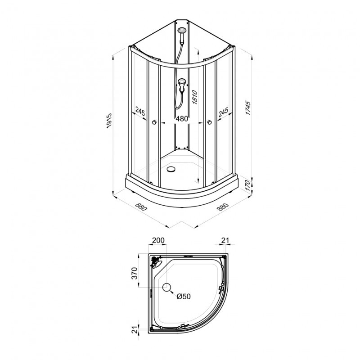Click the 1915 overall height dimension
click(x=109, y=121)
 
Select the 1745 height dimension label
click(x=248, y=108)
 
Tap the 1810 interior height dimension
click(x=195, y=97)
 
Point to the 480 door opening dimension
click(x=182, y=119)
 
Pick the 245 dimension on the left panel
click(x=140, y=111)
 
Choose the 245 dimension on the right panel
click(x=223, y=111)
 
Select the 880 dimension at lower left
click(x=141, y=207)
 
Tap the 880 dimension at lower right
click(x=223, y=207)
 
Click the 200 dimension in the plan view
click(x=158, y=240)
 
